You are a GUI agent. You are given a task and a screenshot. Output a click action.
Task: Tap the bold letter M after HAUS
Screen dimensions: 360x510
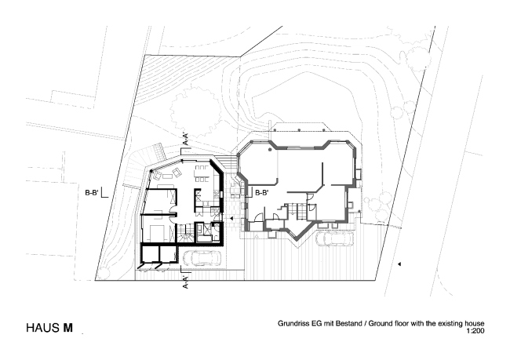click(69, 329)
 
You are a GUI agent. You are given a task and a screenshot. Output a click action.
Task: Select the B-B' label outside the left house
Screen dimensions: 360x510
click(94, 190)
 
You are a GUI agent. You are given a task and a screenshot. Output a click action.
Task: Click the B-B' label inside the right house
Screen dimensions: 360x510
click(261, 192)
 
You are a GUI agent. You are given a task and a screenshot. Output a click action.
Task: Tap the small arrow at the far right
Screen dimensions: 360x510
click(399, 265)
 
